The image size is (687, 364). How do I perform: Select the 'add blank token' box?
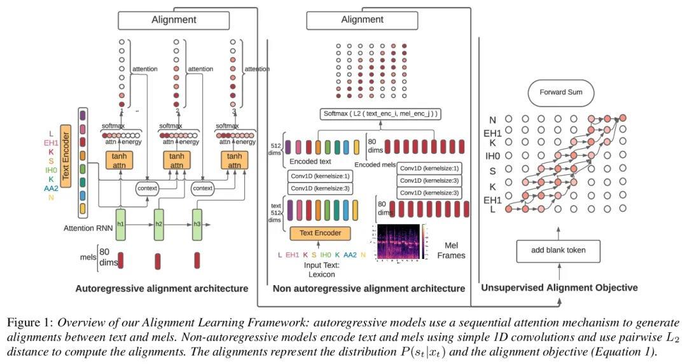[559, 250]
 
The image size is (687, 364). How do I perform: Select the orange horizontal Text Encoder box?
[320, 233]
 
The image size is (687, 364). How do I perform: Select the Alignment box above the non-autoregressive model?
[362, 20]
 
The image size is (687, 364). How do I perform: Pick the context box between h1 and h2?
[147, 188]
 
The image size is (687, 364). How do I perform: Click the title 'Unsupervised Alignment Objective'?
[559, 288]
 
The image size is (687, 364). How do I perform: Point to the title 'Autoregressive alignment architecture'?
[162, 288]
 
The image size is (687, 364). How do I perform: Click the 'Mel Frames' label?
[453, 249]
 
